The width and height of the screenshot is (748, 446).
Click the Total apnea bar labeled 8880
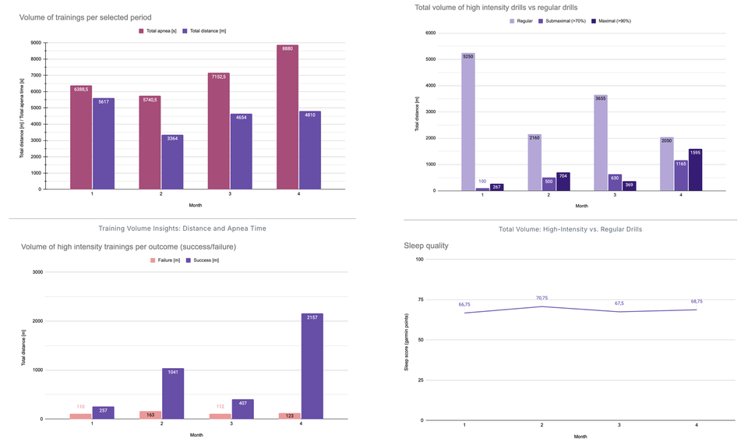[288, 117]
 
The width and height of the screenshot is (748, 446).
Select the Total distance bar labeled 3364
[172, 162]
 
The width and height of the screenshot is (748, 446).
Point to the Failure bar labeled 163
[150, 415]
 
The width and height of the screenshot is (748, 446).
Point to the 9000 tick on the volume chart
[37, 42]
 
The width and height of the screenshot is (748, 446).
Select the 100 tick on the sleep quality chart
[419, 259]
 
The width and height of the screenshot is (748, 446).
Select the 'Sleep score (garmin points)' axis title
[406, 342]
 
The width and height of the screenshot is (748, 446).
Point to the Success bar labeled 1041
[172, 394]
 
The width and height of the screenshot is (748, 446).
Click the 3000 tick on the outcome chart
[36, 272]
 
